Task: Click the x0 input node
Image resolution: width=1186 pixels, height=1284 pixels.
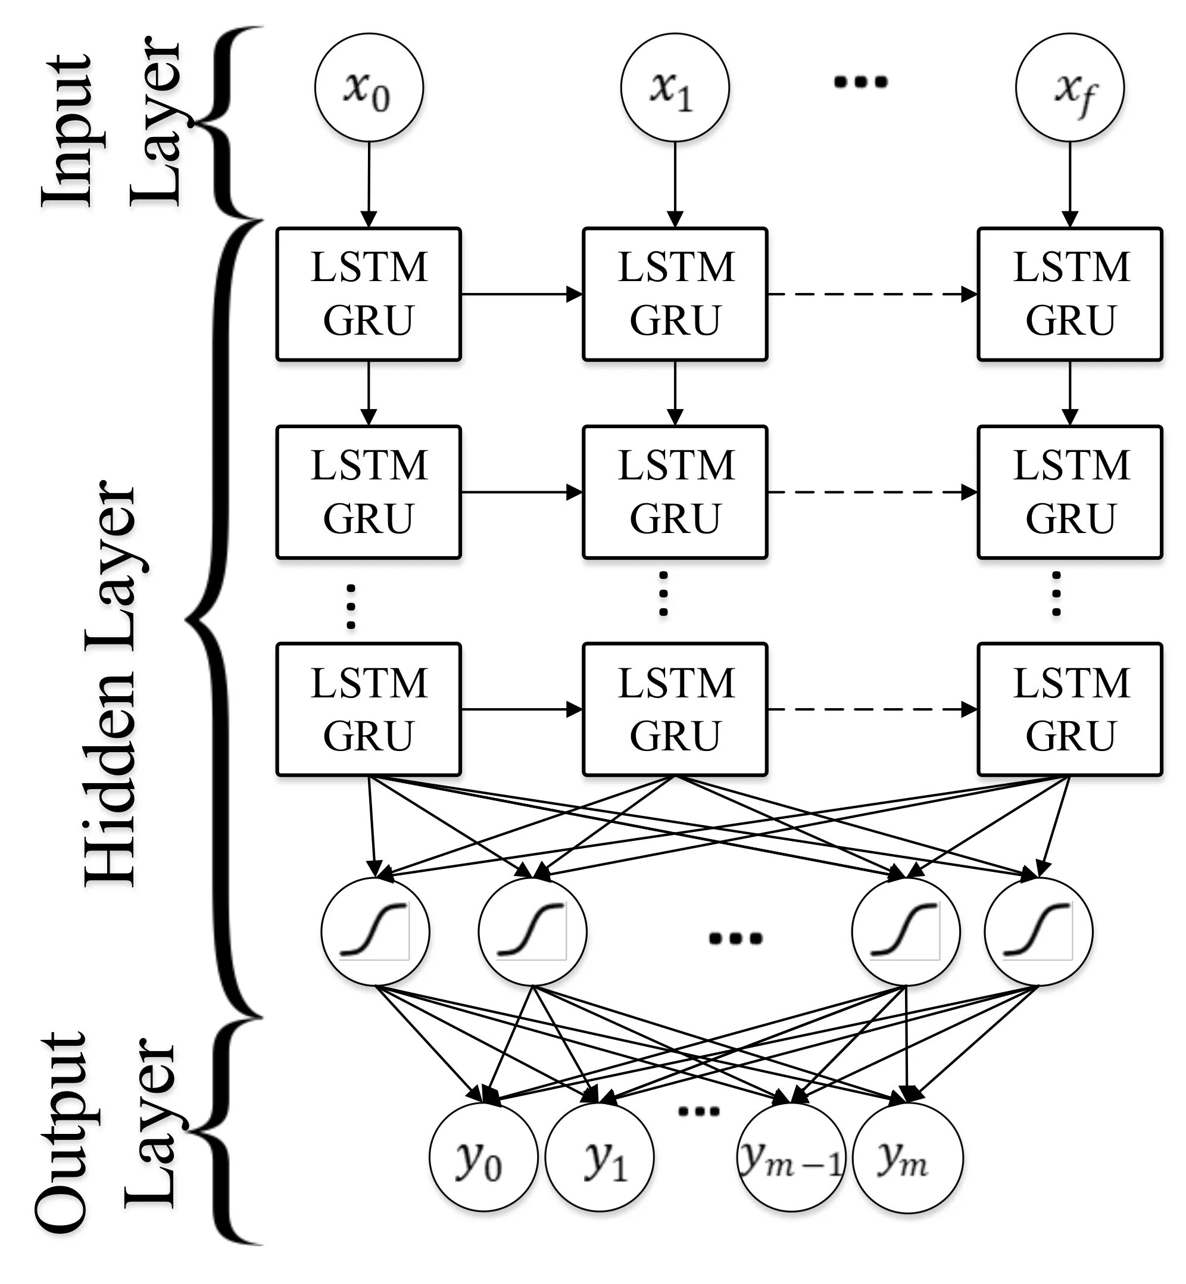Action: click(x=369, y=88)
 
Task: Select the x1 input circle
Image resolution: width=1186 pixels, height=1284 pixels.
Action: click(x=675, y=88)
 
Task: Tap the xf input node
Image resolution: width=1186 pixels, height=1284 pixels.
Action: click(x=1070, y=88)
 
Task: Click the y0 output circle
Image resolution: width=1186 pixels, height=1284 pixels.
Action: click(x=483, y=1158)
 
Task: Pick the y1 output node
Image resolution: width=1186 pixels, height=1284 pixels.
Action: click(x=600, y=1158)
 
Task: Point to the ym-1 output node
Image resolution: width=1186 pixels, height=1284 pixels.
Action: click(x=791, y=1158)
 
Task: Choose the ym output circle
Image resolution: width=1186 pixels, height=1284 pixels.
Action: click(x=908, y=1158)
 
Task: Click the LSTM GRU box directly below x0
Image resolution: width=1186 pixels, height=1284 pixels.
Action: click(x=369, y=294)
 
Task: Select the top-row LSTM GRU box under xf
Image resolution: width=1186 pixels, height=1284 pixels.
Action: click(x=1070, y=294)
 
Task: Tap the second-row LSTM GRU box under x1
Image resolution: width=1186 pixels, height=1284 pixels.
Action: click(x=675, y=492)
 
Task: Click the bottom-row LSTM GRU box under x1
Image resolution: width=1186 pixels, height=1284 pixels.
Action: click(x=675, y=709)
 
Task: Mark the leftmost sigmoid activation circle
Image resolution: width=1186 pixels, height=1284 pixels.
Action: click(x=376, y=931)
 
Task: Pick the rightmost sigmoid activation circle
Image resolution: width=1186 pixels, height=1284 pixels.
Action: click(x=1038, y=931)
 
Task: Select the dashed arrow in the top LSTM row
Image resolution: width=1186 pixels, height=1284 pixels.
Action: click(x=873, y=295)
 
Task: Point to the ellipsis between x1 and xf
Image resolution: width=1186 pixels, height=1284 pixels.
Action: click(x=860, y=82)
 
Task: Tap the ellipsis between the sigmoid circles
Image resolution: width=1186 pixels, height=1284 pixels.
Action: click(x=735, y=939)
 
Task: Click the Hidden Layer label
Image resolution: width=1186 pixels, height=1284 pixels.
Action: click(x=110, y=683)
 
